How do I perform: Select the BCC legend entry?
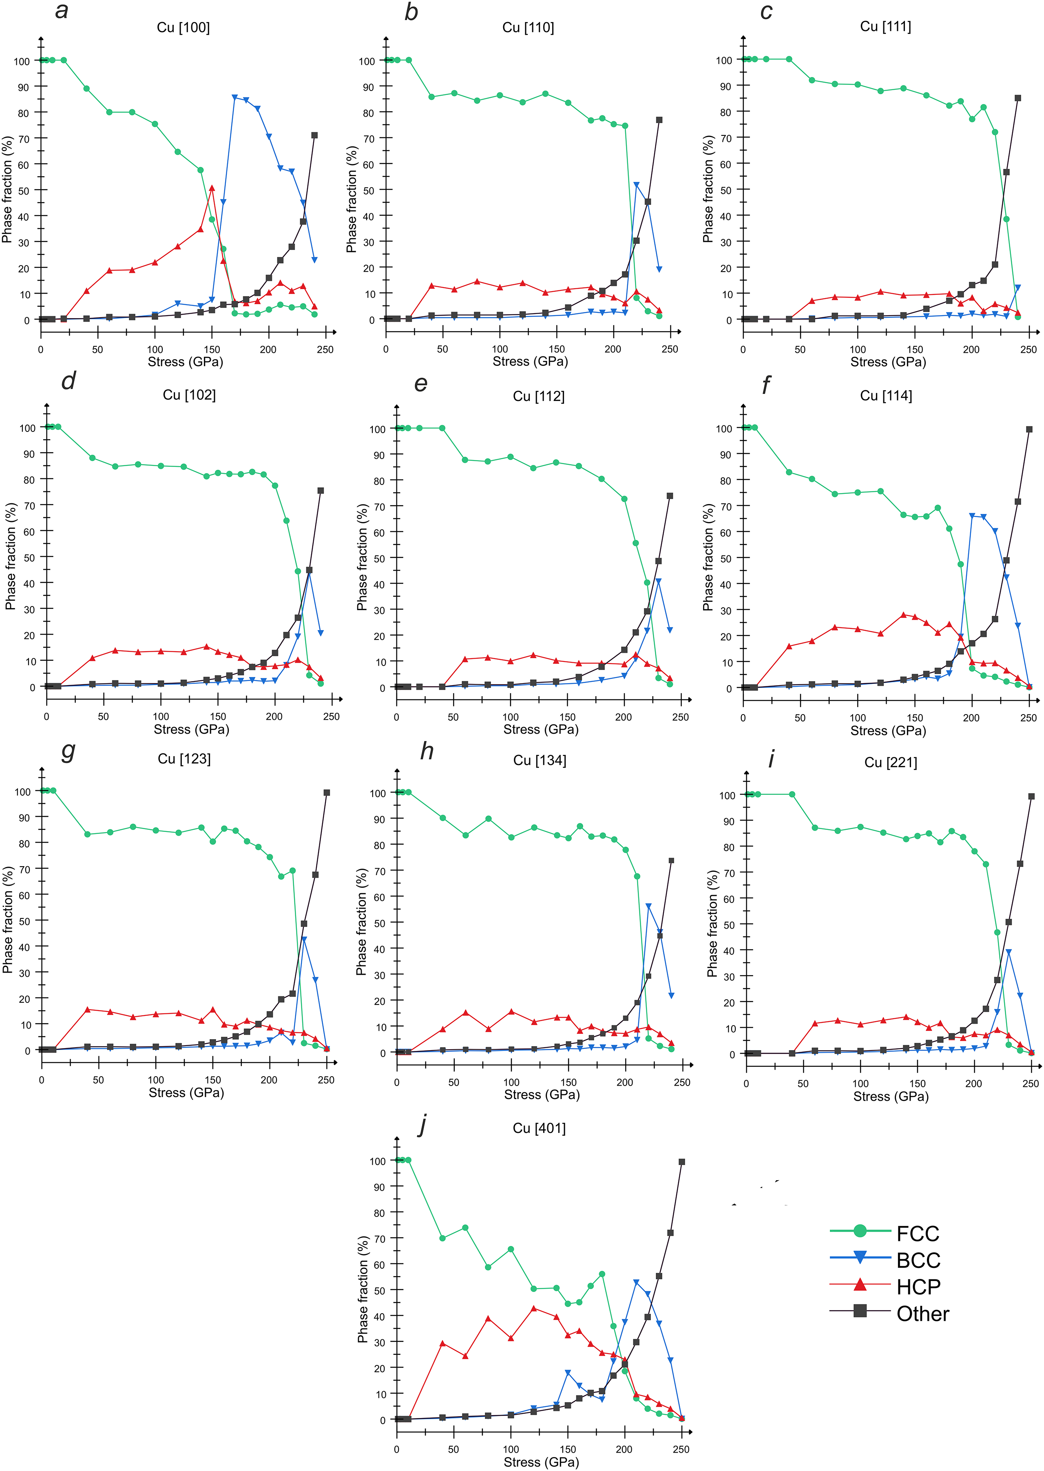tap(918, 1260)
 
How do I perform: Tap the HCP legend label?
tap(918, 1287)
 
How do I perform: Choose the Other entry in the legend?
tap(922, 1314)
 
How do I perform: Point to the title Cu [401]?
tap(539, 1128)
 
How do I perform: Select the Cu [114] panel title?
tap(886, 396)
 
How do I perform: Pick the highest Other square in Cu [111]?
tap(1017, 98)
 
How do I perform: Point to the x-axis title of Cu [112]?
tap(541, 729)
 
